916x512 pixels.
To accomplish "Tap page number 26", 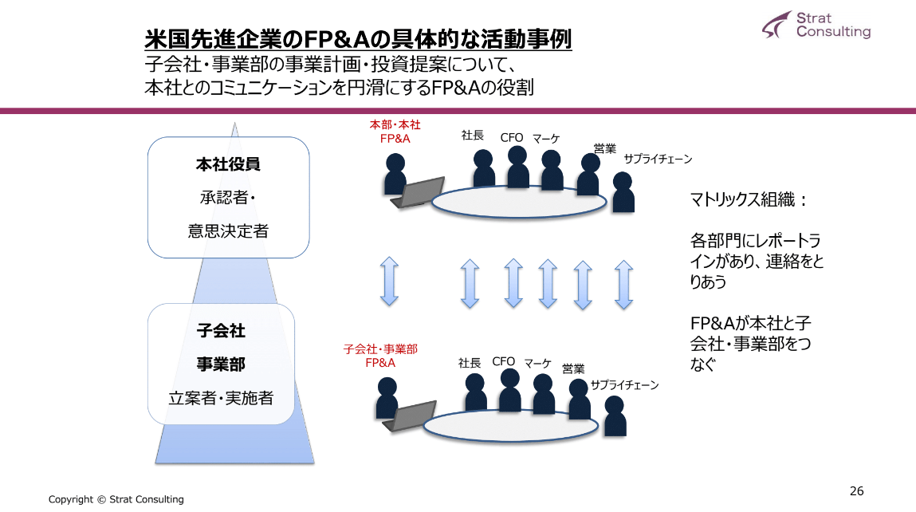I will [857, 491].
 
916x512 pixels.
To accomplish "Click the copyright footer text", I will [116, 499].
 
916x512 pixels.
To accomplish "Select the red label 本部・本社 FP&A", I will [395, 132].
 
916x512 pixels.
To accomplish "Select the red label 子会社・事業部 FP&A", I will [380, 356].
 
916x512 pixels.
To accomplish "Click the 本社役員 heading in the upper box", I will [228, 165].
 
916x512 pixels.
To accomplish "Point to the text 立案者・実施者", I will [221, 397].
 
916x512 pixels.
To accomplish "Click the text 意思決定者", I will [228, 231].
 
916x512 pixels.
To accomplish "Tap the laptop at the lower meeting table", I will [408, 416].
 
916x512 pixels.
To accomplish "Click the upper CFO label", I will [512, 137].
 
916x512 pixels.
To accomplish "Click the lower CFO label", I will [504, 361].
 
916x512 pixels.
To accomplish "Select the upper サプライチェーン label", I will [657, 159].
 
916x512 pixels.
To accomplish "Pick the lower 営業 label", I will [573, 368].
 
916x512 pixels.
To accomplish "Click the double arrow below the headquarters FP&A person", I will [389, 281].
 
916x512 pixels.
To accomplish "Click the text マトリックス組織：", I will [749, 200].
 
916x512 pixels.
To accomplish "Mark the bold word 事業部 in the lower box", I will [221, 364].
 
